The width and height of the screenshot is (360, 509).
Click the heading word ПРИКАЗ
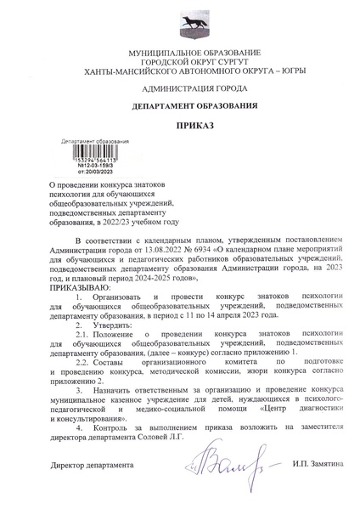click(x=180, y=126)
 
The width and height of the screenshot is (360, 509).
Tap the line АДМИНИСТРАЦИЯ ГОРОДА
click(x=180, y=88)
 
